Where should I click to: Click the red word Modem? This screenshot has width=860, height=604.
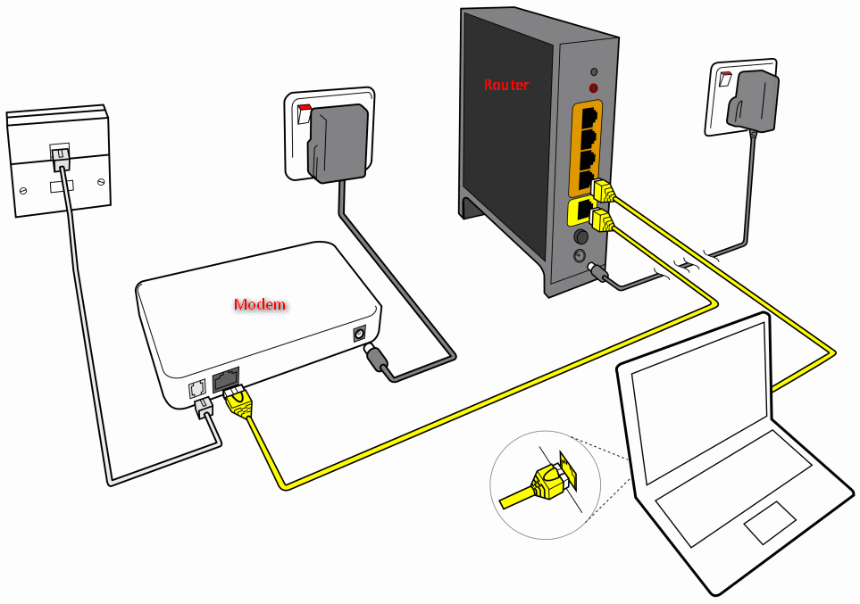click(x=260, y=305)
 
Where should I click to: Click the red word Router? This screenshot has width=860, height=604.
click(x=506, y=86)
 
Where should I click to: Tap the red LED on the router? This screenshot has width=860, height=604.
click(x=593, y=87)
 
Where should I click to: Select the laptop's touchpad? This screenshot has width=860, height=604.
click(x=769, y=522)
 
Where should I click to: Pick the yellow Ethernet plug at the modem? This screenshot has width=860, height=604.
click(x=238, y=401)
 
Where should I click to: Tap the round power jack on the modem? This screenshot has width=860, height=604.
click(x=361, y=334)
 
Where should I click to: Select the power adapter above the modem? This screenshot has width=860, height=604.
click(x=338, y=141)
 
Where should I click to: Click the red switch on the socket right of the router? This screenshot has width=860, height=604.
click(x=726, y=79)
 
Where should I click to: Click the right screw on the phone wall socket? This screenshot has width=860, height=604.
click(x=101, y=182)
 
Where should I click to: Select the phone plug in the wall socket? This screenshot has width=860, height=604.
click(x=60, y=158)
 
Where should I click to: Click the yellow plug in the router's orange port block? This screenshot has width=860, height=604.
click(x=605, y=191)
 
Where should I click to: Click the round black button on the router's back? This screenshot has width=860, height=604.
click(x=581, y=237)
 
